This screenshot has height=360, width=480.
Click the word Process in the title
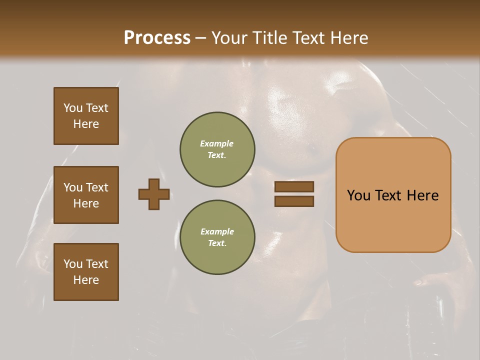[157, 38]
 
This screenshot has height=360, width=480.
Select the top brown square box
[86, 116]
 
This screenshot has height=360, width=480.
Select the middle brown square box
[86, 195]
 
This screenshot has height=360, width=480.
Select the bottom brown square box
[86, 272]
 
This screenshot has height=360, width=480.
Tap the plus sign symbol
[154, 194]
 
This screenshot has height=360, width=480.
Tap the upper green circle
[217, 149]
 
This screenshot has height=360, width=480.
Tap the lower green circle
[217, 237]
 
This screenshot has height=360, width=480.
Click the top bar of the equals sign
[294, 186]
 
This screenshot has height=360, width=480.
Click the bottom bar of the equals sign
[294, 201]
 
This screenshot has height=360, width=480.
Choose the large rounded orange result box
[393, 195]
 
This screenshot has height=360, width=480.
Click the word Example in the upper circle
[216, 143]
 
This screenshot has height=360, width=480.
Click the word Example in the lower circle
[217, 231]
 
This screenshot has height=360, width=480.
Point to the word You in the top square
[73, 108]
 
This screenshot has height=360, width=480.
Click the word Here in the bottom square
[86, 280]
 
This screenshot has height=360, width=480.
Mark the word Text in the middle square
[97, 187]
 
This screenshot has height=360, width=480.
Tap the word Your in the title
[228, 38]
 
